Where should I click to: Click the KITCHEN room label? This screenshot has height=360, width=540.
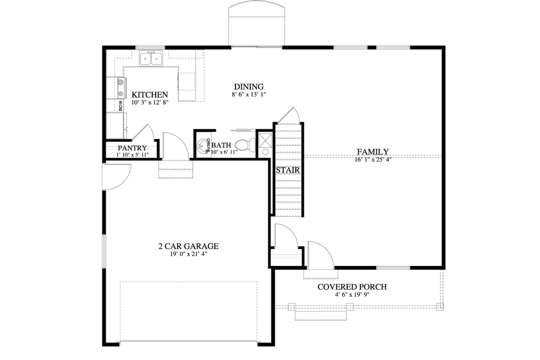point(150,95)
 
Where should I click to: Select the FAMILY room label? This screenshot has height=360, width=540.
point(373,152)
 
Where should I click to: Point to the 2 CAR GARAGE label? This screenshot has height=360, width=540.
point(188,246)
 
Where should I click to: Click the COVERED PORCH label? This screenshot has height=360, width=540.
point(352,287)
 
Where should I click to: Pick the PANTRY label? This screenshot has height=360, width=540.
point(132,148)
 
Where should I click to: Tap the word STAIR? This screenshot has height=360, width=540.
point(288,170)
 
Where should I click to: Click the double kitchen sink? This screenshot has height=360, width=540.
point(151,59)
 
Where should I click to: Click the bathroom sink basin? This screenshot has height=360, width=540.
point(204,146)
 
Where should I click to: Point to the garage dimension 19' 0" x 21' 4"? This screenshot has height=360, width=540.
point(188,254)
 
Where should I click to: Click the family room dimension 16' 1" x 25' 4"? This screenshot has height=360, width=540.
point(373,159)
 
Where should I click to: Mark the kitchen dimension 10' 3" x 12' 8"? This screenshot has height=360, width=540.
point(150,102)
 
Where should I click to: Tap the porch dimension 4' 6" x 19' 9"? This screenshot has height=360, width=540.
point(352,295)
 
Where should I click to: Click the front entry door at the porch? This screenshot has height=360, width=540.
point(320,255)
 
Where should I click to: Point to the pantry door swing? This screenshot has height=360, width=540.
point(143,132)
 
